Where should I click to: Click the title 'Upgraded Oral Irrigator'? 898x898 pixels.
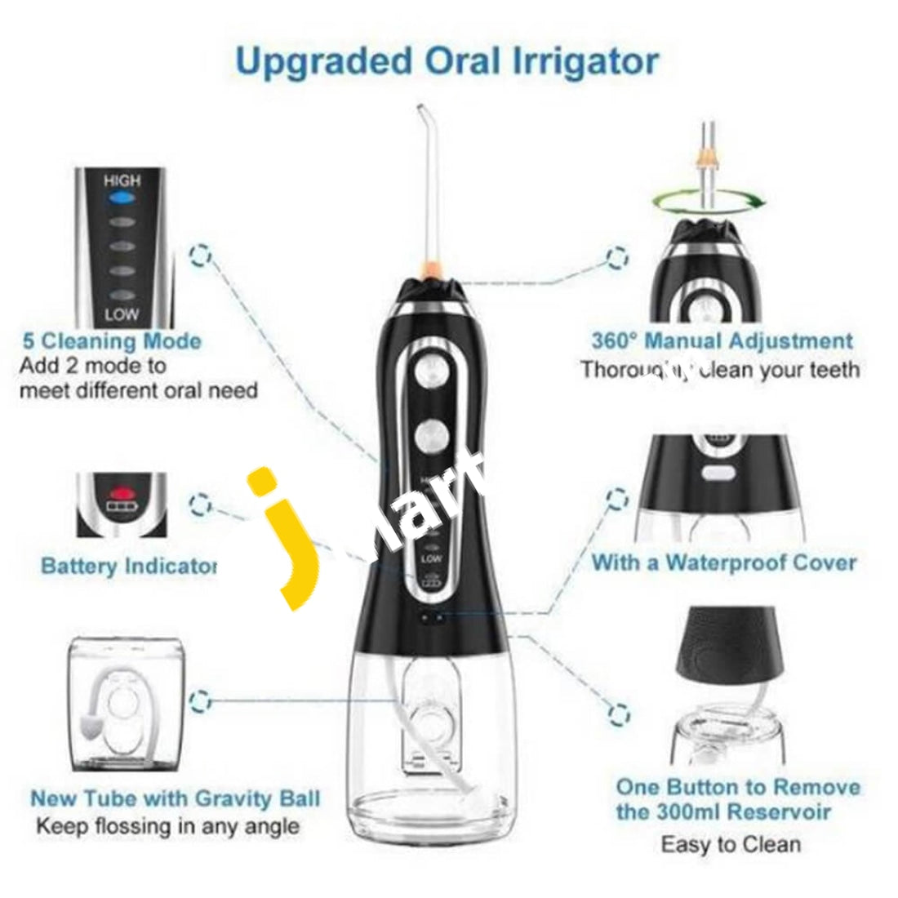click(447, 61)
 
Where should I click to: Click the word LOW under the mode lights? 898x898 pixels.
click(122, 314)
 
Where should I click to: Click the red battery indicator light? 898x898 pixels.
click(121, 493)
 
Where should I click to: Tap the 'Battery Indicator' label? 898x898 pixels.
click(128, 566)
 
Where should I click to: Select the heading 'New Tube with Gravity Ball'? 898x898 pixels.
click(175, 798)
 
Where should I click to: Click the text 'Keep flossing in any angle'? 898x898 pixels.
click(167, 825)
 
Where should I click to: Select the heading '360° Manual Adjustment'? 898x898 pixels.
click(722, 340)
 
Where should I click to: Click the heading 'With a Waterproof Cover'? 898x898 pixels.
click(723, 562)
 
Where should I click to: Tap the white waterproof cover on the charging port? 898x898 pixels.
click(716, 471)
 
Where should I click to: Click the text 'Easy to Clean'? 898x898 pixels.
click(730, 843)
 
